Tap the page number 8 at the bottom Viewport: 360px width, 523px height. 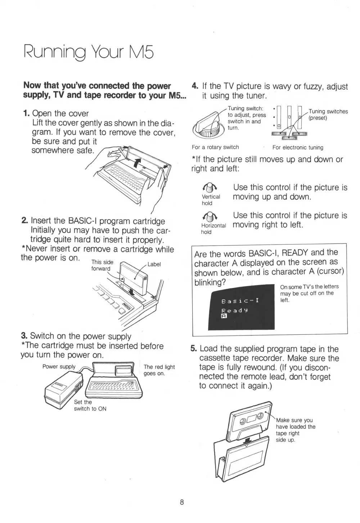[x=182, y=502]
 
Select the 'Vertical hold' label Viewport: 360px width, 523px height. [x=211, y=200]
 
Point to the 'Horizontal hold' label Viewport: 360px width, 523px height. [x=213, y=229]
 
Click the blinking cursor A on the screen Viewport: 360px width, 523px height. [x=223, y=317]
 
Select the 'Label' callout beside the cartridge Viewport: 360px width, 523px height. [x=154, y=264]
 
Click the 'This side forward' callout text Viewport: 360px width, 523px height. [x=102, y=265]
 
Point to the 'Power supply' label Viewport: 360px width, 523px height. [x=59, y=367]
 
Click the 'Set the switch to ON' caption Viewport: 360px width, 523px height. [x=90, y=405]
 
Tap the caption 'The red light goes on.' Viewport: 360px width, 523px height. [x=159, y=370]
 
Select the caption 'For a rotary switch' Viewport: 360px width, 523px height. [x=215, y=147]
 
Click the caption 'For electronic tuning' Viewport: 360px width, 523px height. [x=298, y=147]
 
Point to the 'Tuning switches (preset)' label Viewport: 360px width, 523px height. [x=328, y=114]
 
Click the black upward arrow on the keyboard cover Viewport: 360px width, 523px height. [x=136, y=163]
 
